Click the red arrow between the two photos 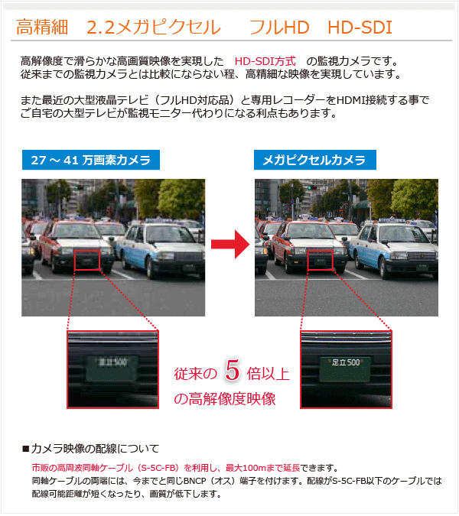click(230, 244)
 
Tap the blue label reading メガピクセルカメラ click(314, 160)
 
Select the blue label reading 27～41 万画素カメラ click(91, 160)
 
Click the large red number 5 click(232, 369)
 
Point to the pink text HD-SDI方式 click(265, 61)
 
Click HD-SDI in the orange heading click(360, 28)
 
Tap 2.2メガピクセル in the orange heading click(154, 28)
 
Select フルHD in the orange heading click(279, 28)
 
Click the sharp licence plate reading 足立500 click(346, 369)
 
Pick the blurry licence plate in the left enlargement click(112, 368)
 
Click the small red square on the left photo click(87, 260)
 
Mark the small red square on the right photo click(321, 260)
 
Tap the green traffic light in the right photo click(310, 187)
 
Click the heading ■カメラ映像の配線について click(90, 449)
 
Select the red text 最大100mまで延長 click(262, 468)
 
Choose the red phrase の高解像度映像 click(225, 399)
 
